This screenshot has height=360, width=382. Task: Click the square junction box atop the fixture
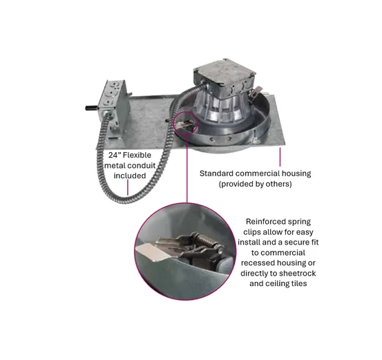coord(225,78)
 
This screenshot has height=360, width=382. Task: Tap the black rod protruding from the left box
coord(92,107)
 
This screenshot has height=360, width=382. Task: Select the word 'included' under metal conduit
coord(130,176)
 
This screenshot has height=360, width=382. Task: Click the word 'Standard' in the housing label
coord(216,173)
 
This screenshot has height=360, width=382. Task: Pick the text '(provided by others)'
coord(255,184)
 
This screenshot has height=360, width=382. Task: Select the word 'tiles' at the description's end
coord(299,283)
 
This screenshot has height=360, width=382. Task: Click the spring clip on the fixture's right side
coord(255,93)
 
